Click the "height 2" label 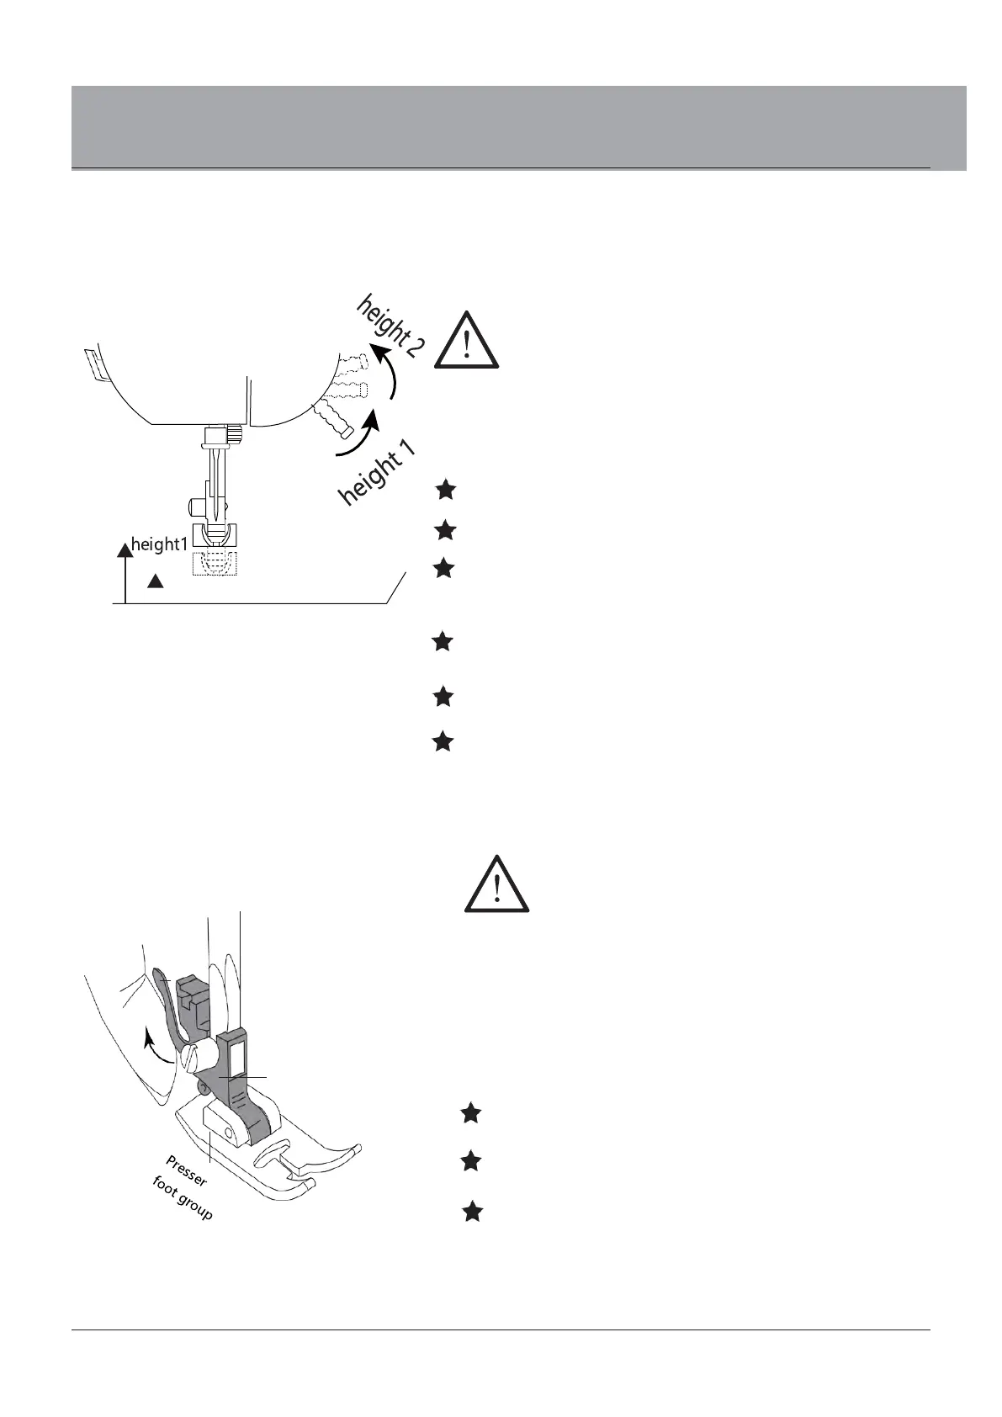coord(390,326)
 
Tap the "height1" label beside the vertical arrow coord(159,544)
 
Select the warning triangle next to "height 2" coord(467,341)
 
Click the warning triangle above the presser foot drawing coord(497,885)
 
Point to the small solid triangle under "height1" coord(155,581)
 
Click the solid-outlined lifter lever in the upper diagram coord(333,420)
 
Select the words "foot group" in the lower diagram coord(182,1199)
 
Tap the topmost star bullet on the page coord(446,489)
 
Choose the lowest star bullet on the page coord(473,1212)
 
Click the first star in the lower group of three coord(471,1113)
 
